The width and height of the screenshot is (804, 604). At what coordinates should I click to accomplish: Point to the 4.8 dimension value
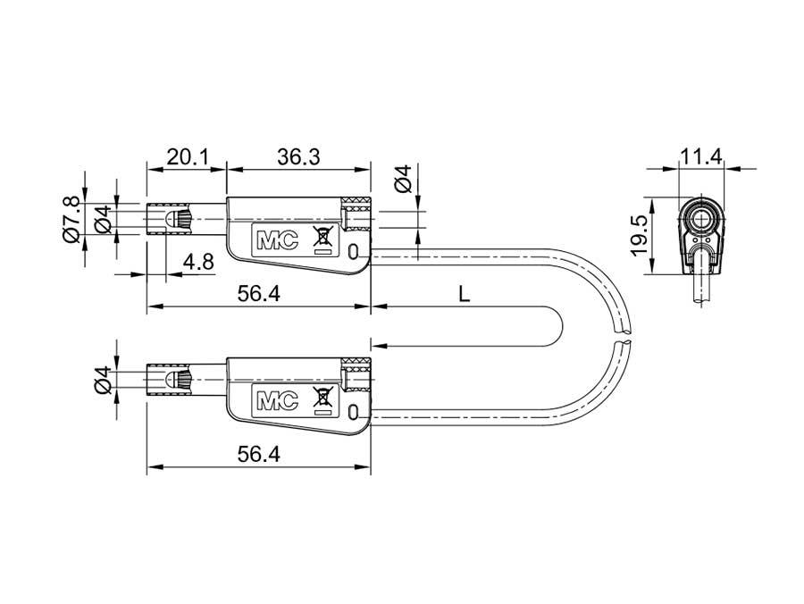(197, 262)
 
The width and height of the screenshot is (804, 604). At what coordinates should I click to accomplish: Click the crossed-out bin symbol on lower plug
(321, 398)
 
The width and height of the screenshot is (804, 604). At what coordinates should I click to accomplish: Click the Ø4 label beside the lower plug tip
(104, 379)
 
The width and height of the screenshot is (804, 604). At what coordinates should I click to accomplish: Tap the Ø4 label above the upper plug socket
(403, 179)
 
